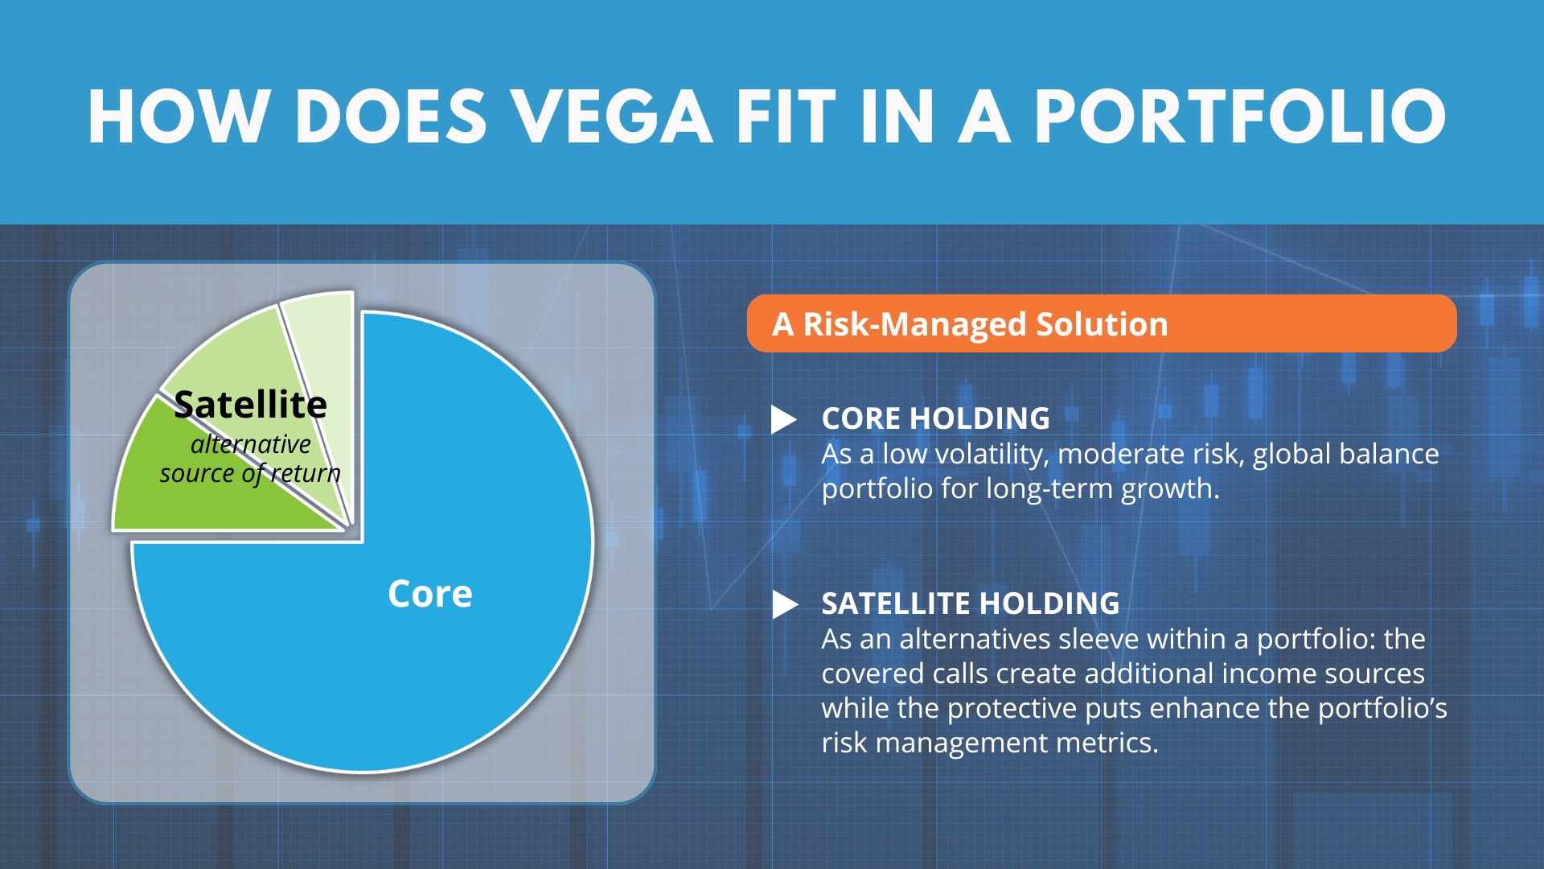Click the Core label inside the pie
point(430,594)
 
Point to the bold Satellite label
point(251,404)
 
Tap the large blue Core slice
point(402,612)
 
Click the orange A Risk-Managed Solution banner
point(1102,323)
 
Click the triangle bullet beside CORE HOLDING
point(783,419)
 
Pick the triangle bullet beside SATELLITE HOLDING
point(784,604)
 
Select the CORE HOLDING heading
point(935,418)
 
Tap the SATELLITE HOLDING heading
point(971,603)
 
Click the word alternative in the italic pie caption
point(251,444)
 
